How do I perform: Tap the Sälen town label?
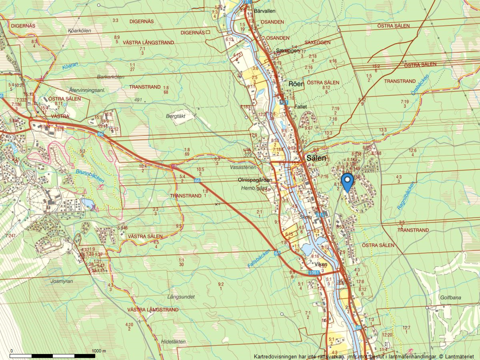[316, 158]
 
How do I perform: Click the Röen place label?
[296, 84]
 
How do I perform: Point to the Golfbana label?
[451, 298]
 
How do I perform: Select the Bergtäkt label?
[176, 116]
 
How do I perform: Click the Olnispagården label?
[255, 180]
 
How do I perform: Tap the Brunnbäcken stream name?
[90, 176]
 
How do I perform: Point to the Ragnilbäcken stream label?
[406, 196]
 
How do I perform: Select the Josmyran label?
[62, 281]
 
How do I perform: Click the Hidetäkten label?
[173, 341]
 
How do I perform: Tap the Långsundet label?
[181, 297]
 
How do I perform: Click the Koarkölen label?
[79, 31]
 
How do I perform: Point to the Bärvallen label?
[264, 11]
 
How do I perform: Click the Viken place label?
[321, 264]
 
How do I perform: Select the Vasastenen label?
[243, 167]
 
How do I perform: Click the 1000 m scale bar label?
[99, 351]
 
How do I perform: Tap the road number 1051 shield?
[313, 272]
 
